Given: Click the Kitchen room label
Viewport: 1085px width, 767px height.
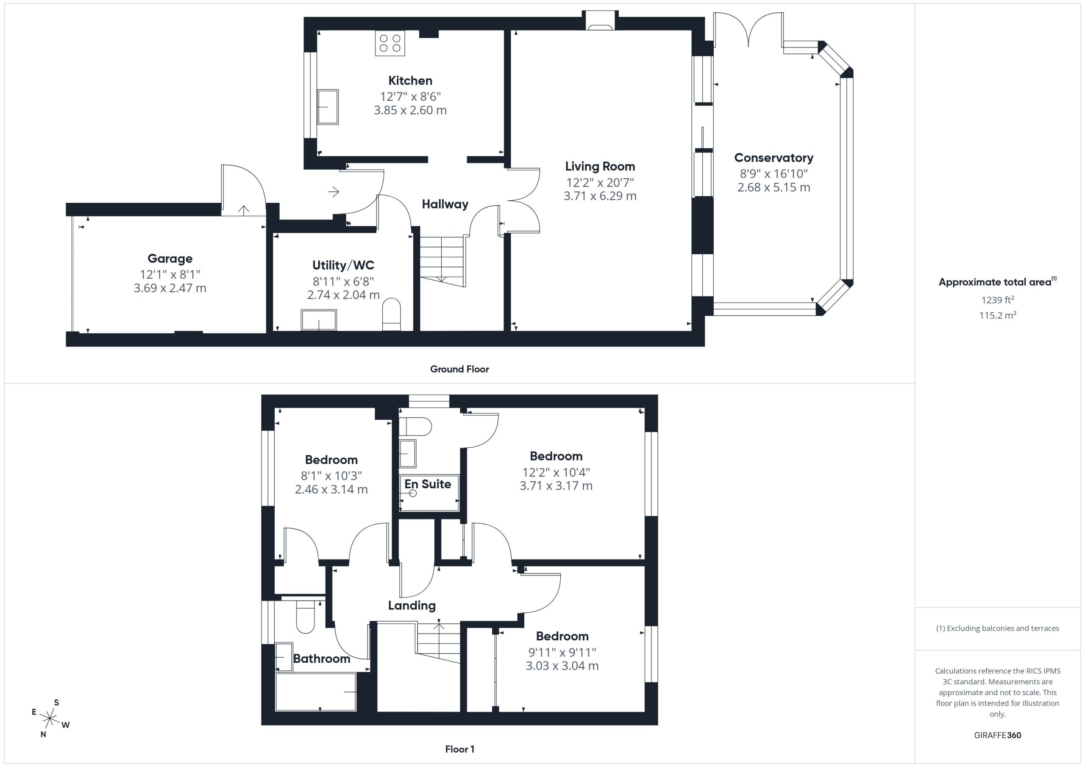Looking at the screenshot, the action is (x=410, y=81).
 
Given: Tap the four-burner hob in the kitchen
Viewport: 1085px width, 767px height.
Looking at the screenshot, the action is (x=390, y=43).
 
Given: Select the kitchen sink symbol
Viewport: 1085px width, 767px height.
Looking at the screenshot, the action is (x=328, y=107).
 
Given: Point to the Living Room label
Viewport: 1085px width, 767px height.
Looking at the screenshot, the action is (x=600, y=166).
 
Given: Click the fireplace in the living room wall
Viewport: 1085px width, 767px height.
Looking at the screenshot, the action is (x=601, y=21).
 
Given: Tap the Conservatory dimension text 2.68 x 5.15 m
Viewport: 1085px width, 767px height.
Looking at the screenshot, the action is (x=773, y=188).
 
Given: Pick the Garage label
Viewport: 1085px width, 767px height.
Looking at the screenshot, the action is (x=170, y=259).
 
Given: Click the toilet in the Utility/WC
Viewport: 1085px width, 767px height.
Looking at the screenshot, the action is (x=391, y=314).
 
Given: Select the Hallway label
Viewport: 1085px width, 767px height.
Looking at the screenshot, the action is (x=445, y=205).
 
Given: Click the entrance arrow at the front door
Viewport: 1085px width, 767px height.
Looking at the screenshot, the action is (x=334, y=192).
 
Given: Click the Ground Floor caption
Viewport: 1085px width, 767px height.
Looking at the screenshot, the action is (x=459, y=369).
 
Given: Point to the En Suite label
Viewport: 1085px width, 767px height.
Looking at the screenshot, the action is (x=428, y=484).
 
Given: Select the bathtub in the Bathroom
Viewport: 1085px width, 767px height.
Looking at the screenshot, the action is (x=315, y=692).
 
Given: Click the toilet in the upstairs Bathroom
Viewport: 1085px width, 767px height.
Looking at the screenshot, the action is (x=305, y=616).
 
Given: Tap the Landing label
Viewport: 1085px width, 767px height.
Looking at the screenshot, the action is (x=412, y=606).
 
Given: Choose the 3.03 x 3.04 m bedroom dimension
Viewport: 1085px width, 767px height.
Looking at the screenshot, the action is (x=562, y=666).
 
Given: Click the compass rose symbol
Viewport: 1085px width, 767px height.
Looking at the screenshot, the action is (x=50, y=718).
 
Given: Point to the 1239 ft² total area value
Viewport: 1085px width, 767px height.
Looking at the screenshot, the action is (x=998, y=300).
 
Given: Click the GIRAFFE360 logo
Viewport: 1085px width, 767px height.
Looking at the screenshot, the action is (x=998, y=735).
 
